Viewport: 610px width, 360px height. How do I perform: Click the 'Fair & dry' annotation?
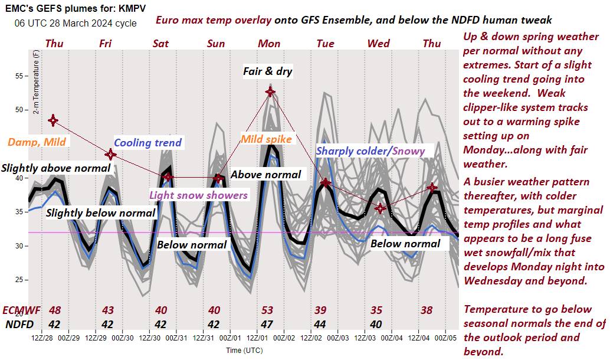tap(268, 71)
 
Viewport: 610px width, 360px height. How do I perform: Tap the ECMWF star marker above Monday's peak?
tap(270, 91)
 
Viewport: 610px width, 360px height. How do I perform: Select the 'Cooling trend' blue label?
tap(147, 142)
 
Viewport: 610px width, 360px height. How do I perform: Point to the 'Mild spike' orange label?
tap(267, 139)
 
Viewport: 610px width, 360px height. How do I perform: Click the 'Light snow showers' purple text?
tap(199, 195)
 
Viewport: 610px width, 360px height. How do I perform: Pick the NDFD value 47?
tap(267, 323)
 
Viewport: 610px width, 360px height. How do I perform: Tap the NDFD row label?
tap(19, 323)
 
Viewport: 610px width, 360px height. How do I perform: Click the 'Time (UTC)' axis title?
tap(243, 351)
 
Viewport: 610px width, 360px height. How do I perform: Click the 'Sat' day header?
tap(160, 44)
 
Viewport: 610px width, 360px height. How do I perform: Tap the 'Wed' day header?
tap(378, 44)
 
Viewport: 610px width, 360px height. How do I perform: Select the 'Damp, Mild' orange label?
tap(37, 142)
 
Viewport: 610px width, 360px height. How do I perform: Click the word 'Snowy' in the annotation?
tap(408, 150)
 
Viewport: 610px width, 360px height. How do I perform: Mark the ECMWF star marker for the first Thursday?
tap(53, 120)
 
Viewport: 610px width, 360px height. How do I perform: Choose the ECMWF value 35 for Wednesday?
tap(376, 310)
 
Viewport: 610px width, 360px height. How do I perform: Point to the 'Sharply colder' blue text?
tap(352, 150)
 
